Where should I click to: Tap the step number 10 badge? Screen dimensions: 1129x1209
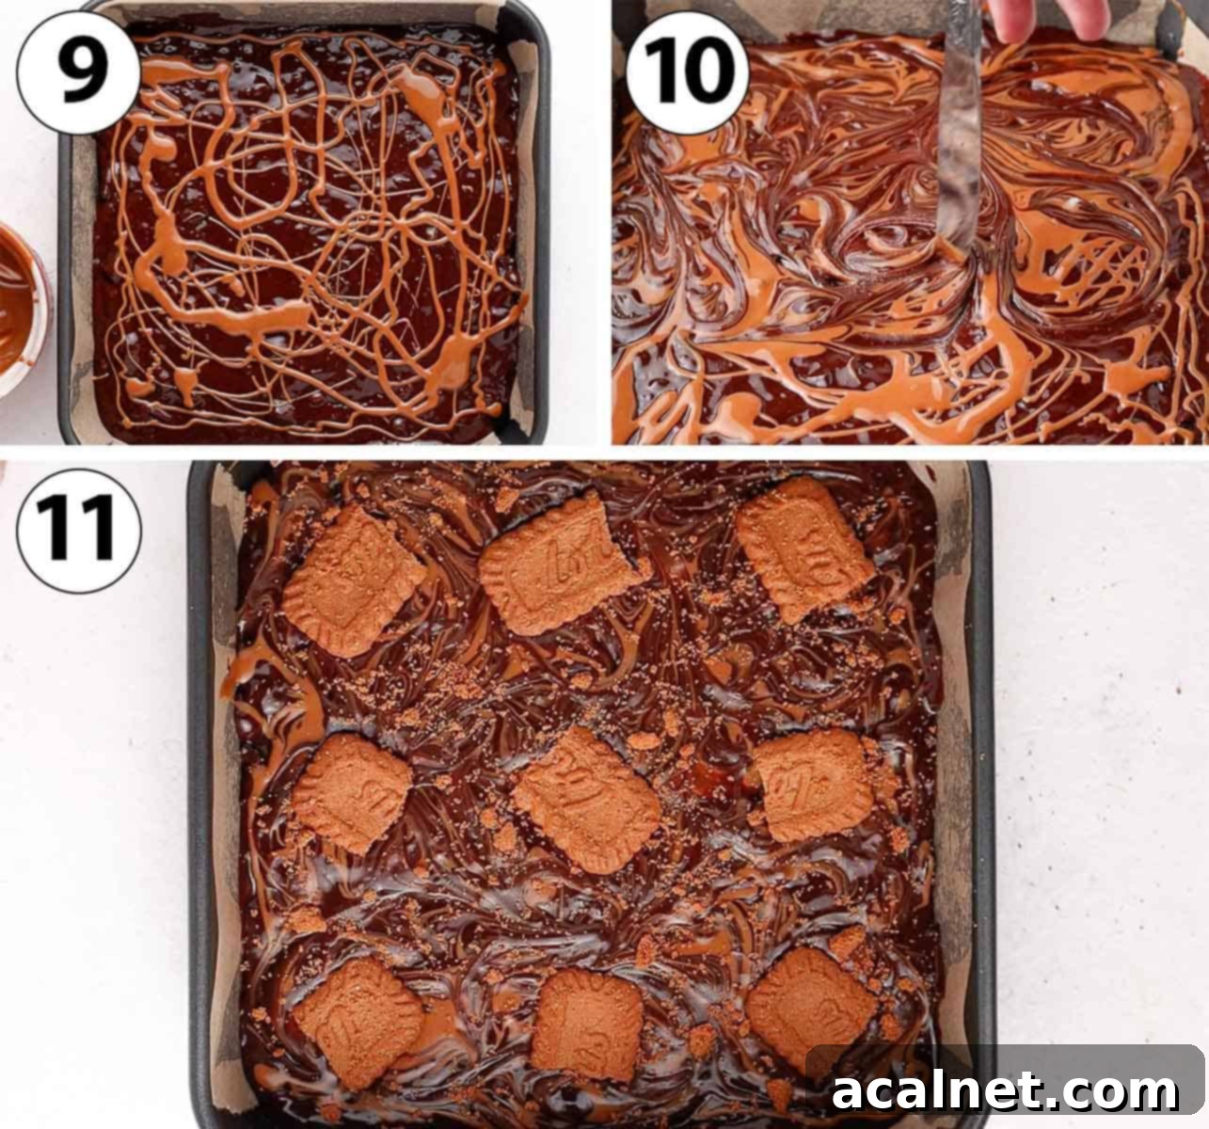(687, 71)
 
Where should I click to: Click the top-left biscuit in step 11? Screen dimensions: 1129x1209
(353, 581)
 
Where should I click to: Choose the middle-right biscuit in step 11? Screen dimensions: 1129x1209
(814, 786)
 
